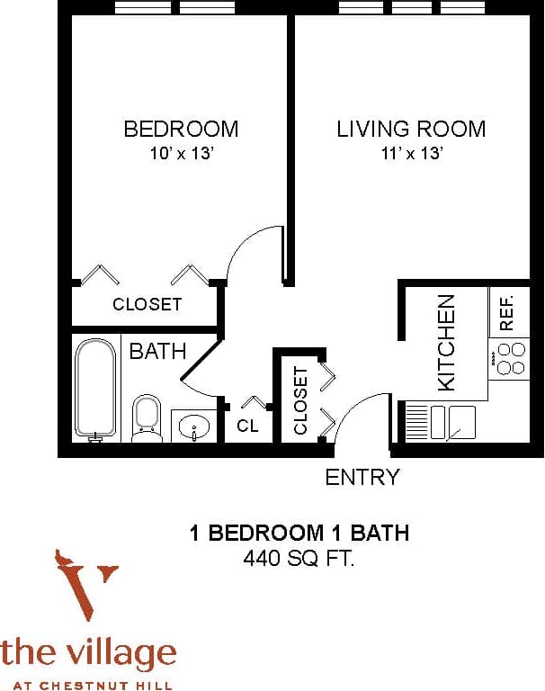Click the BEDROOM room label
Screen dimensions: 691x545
[x=181, y=129]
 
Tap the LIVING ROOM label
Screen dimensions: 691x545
[x=411, y=129]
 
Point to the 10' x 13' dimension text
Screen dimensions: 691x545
[x=181, y=153]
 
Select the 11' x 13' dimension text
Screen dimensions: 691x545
[x=411, y=153]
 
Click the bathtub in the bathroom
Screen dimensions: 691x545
[x=95, y=388]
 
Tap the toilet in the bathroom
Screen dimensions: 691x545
[x=146, y=417]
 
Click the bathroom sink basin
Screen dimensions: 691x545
[x=193, y=426]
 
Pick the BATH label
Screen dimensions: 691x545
[x=157, y=351]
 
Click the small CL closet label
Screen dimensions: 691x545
[x=247, y=426]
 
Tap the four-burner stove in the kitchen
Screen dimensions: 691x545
[x=510, y=362]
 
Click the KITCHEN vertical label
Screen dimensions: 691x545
[x=446, y=343]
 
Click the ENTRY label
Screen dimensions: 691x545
[x=362, y=477]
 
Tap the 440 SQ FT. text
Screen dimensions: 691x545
[x=299, y=559]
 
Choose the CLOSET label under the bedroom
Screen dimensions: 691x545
[x=147, y=305]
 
